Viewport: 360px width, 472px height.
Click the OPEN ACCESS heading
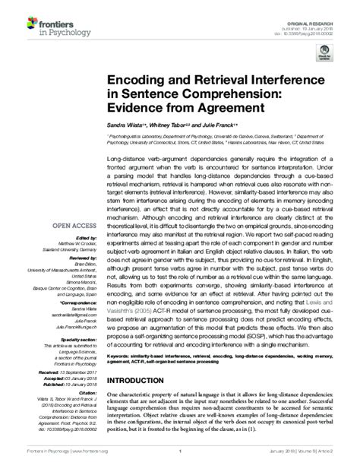pos(73,226)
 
